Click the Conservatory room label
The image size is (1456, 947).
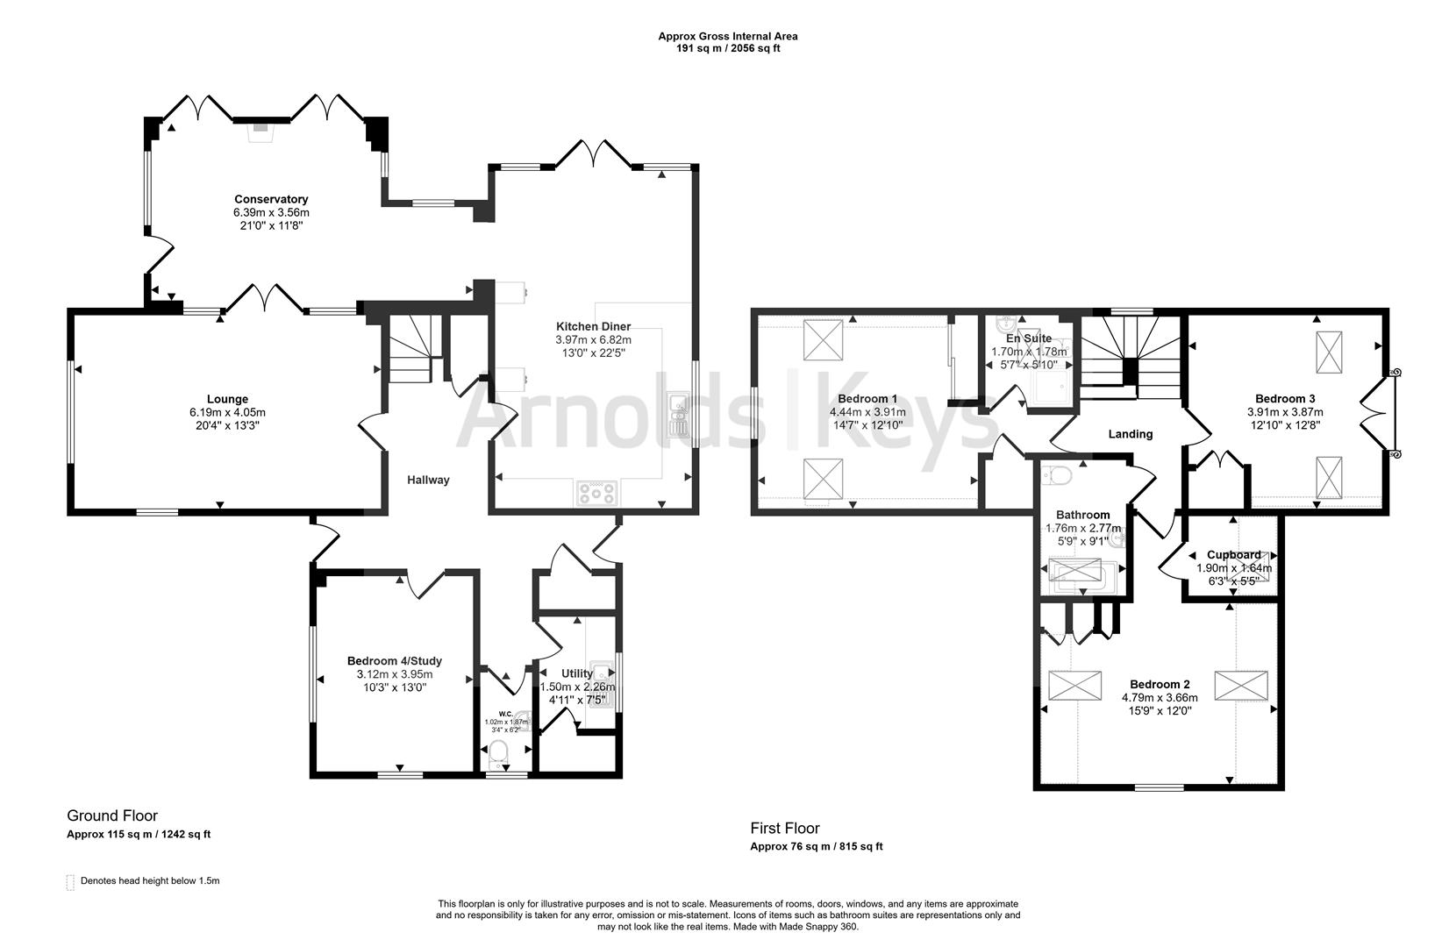pos(271,199)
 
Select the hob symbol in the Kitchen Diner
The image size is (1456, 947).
pos(596,493)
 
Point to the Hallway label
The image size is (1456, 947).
pos(428,480)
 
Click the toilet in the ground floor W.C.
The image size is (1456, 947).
pos(499,752)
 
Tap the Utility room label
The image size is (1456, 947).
pos(577,673)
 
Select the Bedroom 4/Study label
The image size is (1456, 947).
pos(394,661)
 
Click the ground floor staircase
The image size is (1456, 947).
pos(410,350)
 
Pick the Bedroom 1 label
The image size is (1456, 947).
pos(867,397)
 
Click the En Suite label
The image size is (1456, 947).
pos(1028,338)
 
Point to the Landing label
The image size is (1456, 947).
pos(1131,434)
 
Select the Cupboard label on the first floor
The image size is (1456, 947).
pos(1233,554)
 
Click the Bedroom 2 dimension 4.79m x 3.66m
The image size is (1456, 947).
pos(1160,698)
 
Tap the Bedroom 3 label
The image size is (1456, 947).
pos(1285,398)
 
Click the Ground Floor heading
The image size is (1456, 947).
pos(112,816)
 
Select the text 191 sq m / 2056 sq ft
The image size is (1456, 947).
pos(727,49)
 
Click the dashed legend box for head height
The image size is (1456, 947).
pos(70,882)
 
